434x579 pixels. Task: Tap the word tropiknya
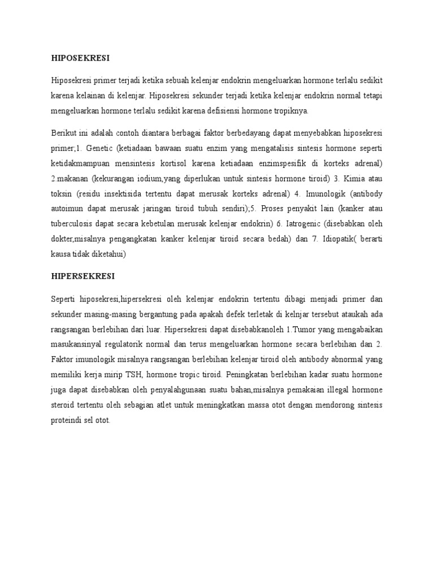tap(289, 110)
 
